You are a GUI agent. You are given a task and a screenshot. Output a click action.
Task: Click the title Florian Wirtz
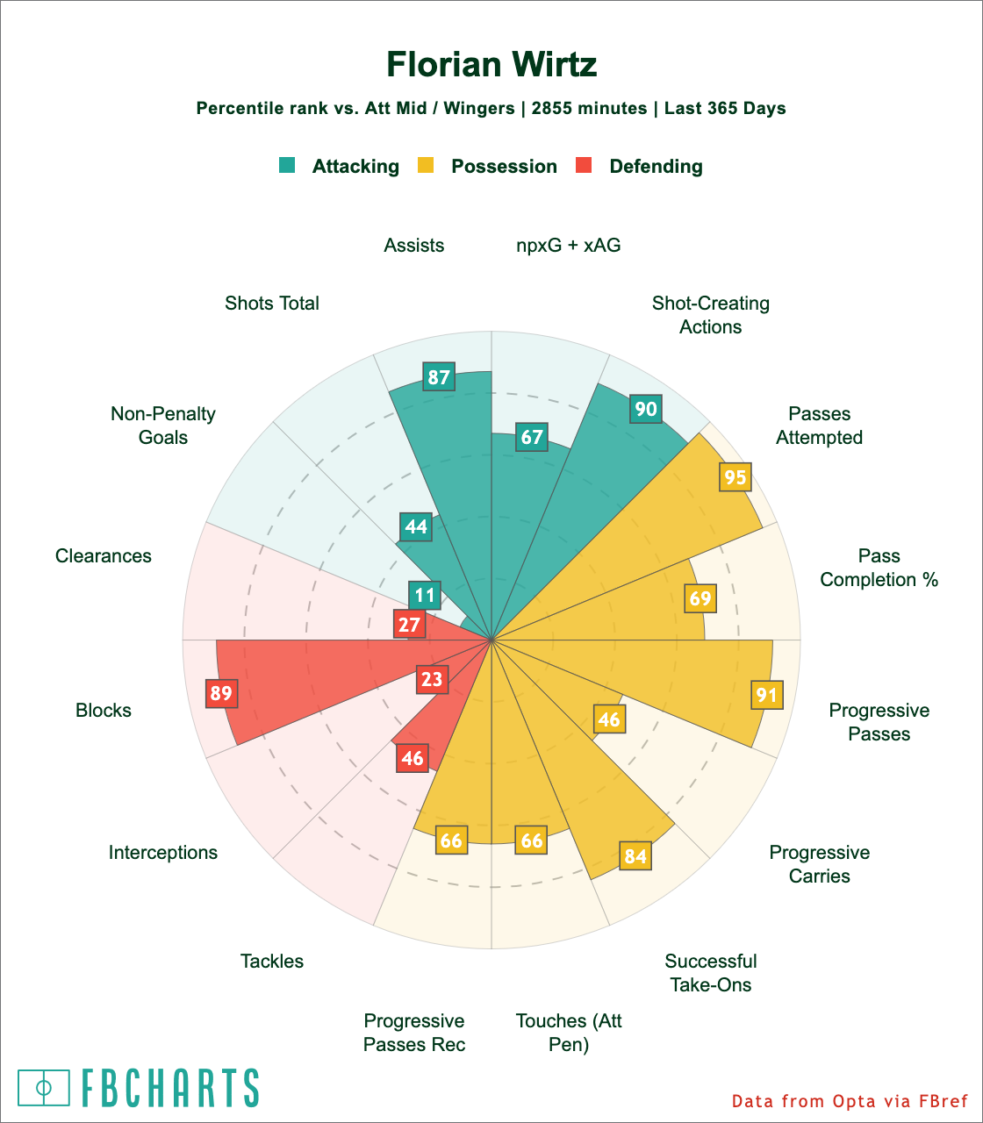point(491,65)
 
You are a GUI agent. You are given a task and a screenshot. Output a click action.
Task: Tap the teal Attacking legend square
point(287,165)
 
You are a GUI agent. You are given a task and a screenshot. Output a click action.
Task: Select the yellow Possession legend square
point(425,165)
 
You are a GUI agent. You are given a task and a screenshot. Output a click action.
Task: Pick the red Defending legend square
point(584,165)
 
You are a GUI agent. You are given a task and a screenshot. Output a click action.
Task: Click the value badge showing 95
point(735,477)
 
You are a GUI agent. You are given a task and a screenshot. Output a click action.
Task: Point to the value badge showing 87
point(439,378)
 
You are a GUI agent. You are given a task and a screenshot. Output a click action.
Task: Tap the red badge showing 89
point(221,694)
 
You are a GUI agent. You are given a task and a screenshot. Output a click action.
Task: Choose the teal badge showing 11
point(425,595)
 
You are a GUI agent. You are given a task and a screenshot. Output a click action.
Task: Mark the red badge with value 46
point(413,758)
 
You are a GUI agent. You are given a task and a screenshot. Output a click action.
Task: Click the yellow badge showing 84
point(635,855)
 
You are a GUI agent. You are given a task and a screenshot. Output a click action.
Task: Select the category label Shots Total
point(272,304)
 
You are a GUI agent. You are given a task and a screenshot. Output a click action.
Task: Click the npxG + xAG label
point(568,246)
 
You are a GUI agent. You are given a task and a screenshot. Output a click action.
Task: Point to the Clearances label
point(104,556)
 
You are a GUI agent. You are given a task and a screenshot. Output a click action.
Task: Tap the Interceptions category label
point(163,853)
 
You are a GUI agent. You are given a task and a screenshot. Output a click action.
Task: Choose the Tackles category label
point(272,962)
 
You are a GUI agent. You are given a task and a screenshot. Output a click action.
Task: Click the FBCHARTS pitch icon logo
point(44,1088)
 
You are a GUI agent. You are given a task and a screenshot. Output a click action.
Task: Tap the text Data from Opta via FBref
point(850,1101)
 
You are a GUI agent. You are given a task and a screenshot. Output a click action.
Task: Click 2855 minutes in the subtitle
point(589,109)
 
